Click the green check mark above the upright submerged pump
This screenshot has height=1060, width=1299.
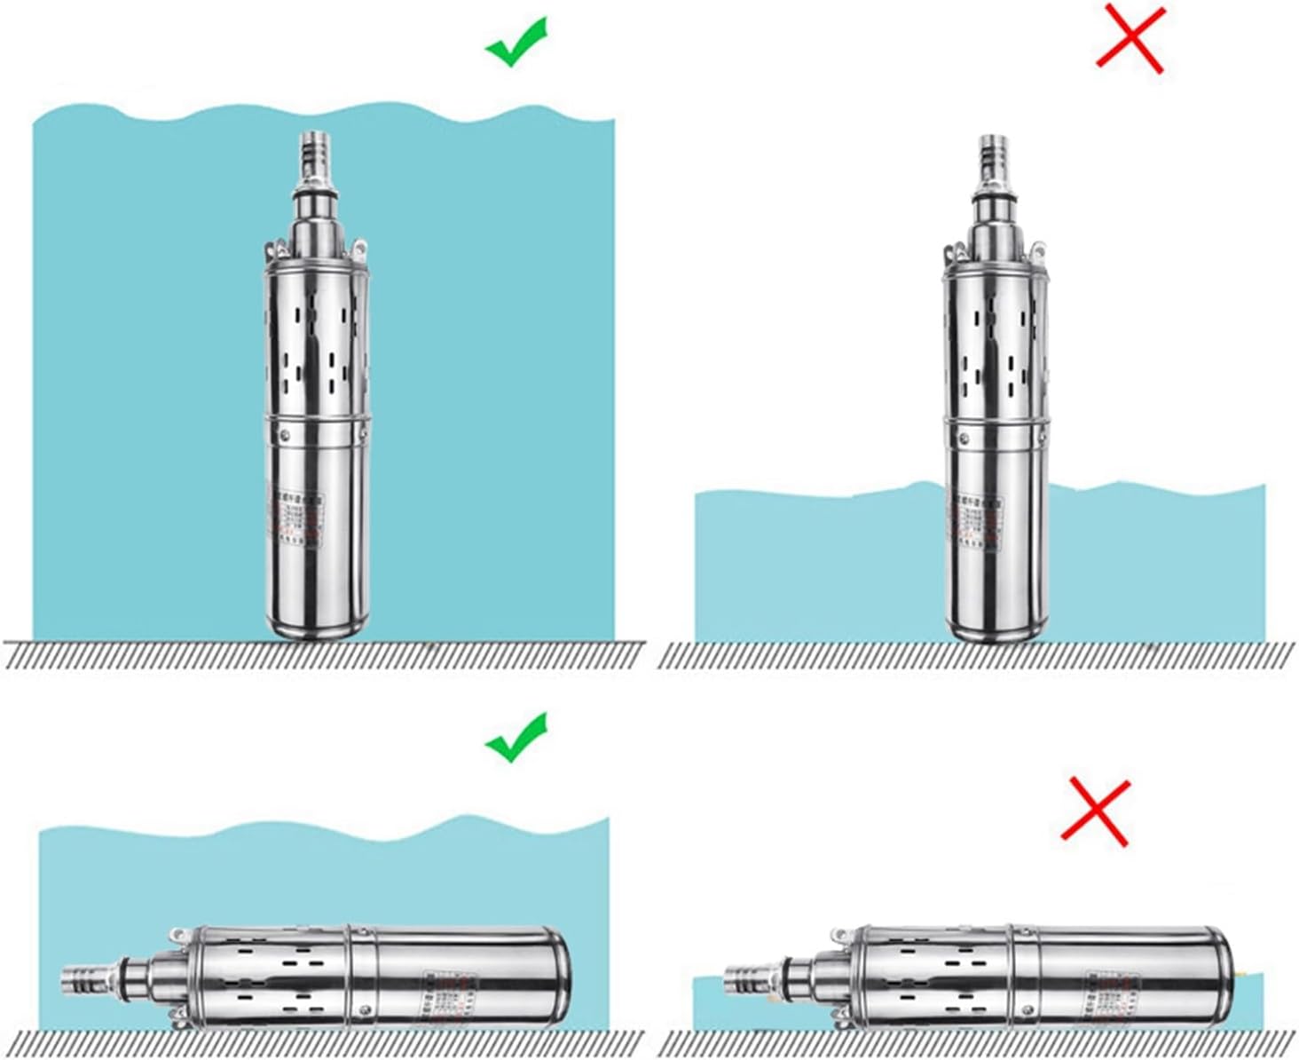pyautogui.click(x=516, y=42)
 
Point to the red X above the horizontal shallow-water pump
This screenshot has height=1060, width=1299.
pyautogui.click(x=1097, y=811)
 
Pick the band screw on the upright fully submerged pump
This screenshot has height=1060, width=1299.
pyautogui.click(x=286, y=434)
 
